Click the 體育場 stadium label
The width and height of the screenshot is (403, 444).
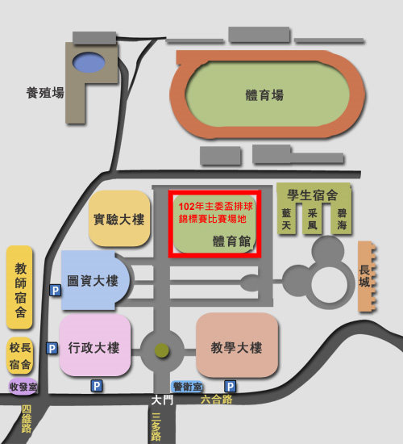pos(264,95)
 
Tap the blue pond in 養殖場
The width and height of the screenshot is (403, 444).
pos(89,62)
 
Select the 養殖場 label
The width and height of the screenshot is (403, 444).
pos(45,93)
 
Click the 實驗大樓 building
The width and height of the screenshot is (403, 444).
pos(119,218)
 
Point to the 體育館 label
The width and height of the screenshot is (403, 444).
pos(231,241)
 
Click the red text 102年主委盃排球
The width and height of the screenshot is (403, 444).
pos(215,206)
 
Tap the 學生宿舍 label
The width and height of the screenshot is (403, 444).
pos(313,195)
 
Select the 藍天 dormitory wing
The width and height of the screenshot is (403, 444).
pos(286,219)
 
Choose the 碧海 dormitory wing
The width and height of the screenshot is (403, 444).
pos(342,219)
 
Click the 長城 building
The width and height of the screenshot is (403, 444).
pos(366,277)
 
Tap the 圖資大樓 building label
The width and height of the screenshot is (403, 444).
pos(93,281)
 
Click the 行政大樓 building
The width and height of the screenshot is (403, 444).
pos(95,346)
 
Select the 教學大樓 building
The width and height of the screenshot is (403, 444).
pos(237,346)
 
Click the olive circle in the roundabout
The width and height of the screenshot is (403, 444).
pos(162,351)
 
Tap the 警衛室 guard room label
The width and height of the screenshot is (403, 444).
pos(187,387)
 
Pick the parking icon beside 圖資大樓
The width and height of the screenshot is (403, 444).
pos(55,291)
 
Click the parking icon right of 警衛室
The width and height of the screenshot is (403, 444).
pos(231,386)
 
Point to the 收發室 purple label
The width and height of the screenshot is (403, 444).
pos(23,386)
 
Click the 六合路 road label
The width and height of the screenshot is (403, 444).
pos(216,400)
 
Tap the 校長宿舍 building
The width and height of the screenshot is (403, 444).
pos(20,356)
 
